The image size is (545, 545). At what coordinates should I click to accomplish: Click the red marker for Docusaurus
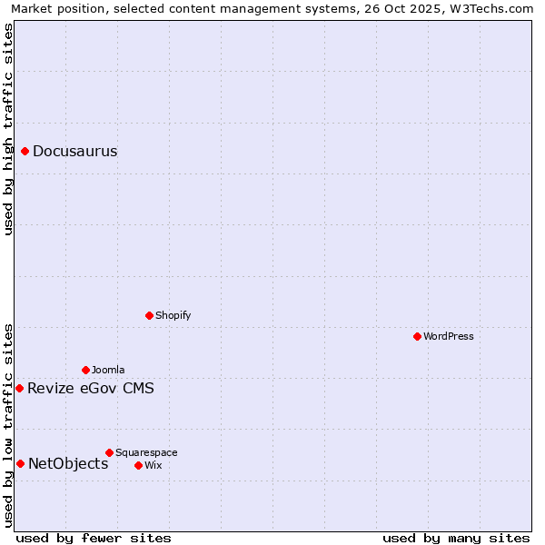[25, 151]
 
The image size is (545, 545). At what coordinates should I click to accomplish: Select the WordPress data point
[417, 336]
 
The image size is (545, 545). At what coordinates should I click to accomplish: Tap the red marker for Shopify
[149, 315]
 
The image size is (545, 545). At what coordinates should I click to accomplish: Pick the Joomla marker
[85, 370]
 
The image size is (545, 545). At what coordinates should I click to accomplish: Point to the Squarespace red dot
[109, 452]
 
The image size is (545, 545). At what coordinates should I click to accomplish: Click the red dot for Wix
[138, 465]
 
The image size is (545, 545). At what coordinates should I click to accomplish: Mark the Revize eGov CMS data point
[20, 388]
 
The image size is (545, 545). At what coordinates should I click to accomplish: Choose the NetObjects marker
[20, 463]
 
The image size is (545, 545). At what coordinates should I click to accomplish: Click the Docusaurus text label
[74, 152]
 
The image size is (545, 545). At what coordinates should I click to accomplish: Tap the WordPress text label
[449, 337]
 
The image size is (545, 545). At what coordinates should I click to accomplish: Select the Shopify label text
[173, 316]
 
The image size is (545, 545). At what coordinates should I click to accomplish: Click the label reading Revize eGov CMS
[90, 389]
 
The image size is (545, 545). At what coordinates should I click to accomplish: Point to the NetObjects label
[68, 464]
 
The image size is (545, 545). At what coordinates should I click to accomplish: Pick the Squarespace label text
[146, 453]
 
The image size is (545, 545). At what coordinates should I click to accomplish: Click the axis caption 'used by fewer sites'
[94, 538]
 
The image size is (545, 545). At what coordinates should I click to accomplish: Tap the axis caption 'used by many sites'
[456, 538]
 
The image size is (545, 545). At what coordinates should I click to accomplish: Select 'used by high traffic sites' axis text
[8, 129]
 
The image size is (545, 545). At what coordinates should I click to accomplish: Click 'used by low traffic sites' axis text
[8, 424]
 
